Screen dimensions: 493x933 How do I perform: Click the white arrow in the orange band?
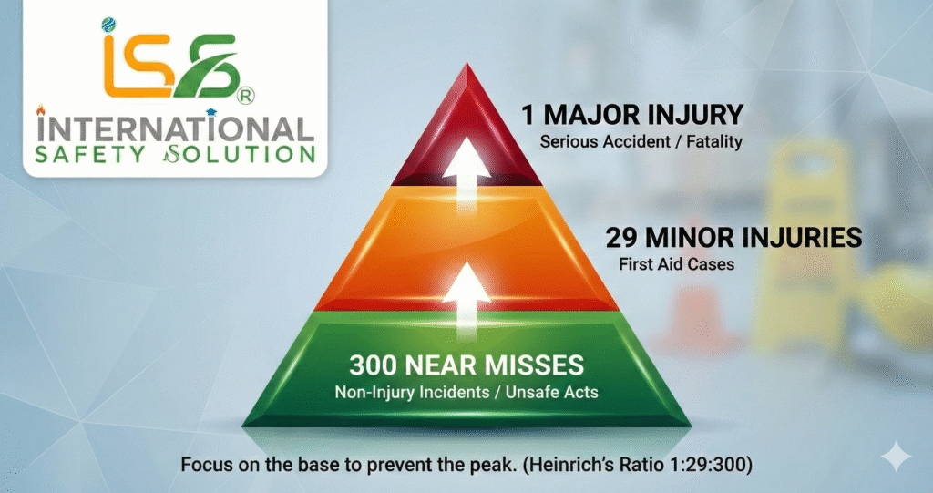click(x=467, y=288)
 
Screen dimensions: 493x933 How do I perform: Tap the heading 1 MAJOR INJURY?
click(x=632, y=115)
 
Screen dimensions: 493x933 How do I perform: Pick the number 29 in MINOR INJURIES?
click(x=627, y=239)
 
